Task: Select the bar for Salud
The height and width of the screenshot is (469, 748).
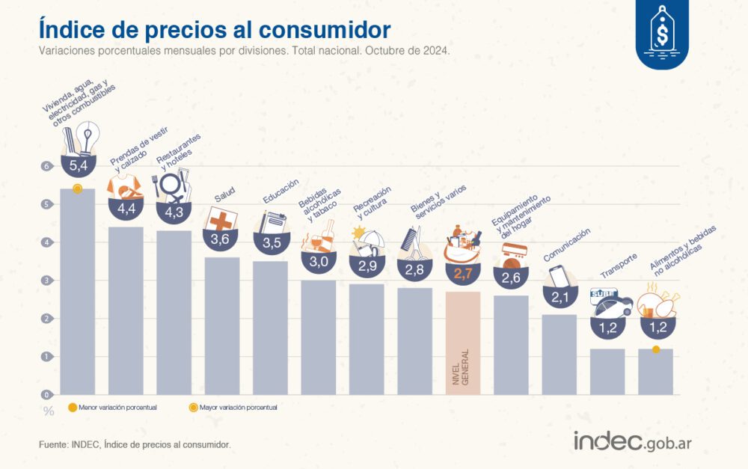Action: pos(222,325)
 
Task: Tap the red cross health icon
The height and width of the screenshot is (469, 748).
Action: pos(221,220)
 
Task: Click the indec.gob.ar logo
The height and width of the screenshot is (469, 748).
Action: pos(633,441)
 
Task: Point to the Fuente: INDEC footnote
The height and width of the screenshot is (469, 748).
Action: pos(135,444)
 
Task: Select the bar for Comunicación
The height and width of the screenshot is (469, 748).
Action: pos(559,355)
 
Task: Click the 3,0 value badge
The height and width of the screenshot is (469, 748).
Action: pos(319,261)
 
